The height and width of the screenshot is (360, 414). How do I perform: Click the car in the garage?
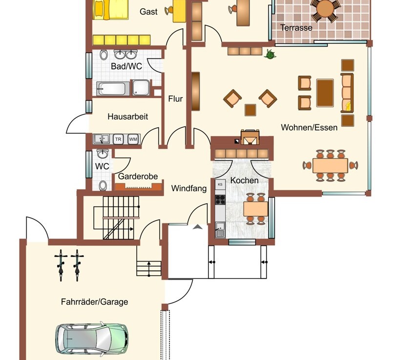coord(92,339)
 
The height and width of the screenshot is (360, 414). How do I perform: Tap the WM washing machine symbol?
coord(133,139)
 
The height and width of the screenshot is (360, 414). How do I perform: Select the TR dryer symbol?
coord(118,139)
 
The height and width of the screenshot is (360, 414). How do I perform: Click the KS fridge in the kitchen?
coord(220,184)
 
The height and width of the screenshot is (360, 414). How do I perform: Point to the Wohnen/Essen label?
coord(309,127)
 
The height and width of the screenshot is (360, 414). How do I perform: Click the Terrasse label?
coord(296,27)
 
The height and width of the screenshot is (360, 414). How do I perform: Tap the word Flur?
coord(175,99)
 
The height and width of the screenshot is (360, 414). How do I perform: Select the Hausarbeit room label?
coord(128,116)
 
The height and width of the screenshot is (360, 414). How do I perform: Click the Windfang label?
coord(189,188)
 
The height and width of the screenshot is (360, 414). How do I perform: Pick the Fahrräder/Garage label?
coord(95,301)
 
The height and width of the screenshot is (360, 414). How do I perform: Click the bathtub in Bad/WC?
coord(113,89)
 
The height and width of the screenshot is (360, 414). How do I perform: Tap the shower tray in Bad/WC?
coord(141,87)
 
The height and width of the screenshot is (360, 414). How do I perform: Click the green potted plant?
coord(270,54)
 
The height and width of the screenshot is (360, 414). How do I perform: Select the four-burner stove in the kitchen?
coord(220,200)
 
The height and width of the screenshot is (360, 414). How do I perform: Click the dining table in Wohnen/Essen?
coord(330,165)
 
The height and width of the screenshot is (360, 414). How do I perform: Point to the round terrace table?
coord(325,9)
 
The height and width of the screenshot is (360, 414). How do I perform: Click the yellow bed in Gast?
coord(111,10)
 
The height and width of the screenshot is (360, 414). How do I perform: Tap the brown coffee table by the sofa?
coord(325,93)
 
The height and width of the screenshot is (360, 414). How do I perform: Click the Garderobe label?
coord(138,176)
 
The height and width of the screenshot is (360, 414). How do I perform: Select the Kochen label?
coord(244,180)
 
